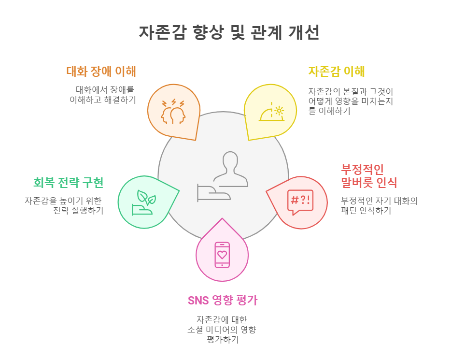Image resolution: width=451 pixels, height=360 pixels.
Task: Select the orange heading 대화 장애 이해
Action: point(101,72)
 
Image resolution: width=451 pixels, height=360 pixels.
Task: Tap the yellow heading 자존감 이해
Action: point(336,72)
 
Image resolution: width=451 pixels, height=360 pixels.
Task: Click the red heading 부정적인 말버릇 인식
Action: point(369,176)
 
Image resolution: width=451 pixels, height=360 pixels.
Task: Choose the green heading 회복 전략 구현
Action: point(68,183)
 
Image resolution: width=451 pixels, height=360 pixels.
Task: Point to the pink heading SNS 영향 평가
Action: point(222,300)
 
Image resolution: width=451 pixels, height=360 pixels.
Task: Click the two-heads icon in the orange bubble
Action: point(173,112)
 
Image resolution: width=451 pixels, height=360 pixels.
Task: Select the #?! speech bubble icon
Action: point(300,202)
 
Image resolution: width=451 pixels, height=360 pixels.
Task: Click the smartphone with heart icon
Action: point(222,254)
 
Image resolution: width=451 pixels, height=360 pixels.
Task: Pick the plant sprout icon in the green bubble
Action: point(143,202)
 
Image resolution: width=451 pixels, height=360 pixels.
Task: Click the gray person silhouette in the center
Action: point(230,164)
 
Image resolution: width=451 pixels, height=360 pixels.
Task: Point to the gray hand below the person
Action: point(213,192)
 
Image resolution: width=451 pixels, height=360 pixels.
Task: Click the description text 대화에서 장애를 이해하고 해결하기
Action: point(102,95)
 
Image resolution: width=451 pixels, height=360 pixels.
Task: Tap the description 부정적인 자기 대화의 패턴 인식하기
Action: point(379,205)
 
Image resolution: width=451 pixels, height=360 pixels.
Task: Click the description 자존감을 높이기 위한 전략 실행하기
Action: point(64,205)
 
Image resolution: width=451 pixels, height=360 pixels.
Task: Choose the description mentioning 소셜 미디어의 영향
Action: point(222,330)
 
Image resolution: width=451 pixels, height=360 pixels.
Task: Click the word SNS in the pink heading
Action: point(197,300)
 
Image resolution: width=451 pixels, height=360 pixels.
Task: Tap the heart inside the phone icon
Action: point(222,254)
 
